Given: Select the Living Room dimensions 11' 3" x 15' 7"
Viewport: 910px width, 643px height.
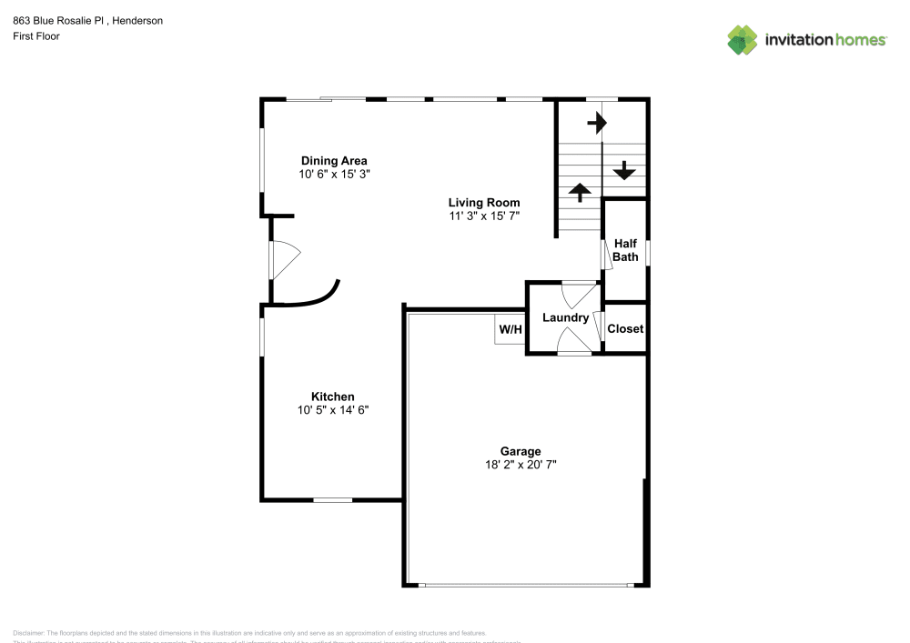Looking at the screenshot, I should coord(483,216).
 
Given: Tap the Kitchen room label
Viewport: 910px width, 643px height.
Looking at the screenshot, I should coord(332,397).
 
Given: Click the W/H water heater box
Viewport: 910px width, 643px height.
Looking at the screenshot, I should coord(510,329).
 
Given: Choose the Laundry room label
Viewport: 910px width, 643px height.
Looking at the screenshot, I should coord(565,317).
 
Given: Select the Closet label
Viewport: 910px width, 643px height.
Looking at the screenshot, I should coord(625,328).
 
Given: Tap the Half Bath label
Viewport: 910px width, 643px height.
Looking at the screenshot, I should coord(625,250).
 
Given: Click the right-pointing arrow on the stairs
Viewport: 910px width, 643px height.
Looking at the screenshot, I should coord(597,121).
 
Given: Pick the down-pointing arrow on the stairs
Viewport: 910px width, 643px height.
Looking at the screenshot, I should coord(625,169).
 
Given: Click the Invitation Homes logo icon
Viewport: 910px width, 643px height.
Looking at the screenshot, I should coord(743,39).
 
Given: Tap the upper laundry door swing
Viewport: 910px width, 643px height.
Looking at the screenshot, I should coord(578,295).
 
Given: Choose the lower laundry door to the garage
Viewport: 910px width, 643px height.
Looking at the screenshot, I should coord(573,342).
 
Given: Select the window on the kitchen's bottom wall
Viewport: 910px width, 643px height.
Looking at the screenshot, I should coord(333,499).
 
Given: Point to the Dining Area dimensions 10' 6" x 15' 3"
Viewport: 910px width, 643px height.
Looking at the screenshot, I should coord(334,175).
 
